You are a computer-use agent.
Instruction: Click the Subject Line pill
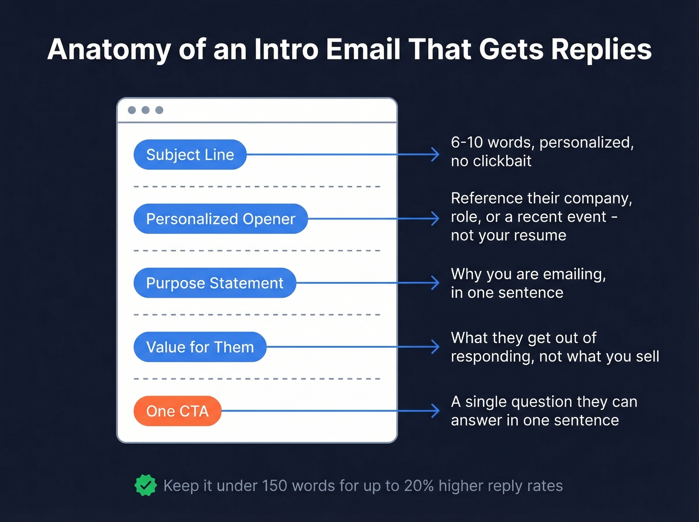point(190,155)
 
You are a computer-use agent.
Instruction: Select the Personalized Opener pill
point(220,219)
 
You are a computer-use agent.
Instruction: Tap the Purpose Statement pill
point(215,283)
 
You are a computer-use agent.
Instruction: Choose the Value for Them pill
point(200,347)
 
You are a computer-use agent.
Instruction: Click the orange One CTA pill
point(177,411)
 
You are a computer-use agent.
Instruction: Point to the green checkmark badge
point(145,486)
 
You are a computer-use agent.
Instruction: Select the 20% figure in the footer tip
point(419,486)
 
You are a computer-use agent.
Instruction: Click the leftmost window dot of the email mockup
point(132,110)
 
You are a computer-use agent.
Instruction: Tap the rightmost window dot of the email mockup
point(159,110)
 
